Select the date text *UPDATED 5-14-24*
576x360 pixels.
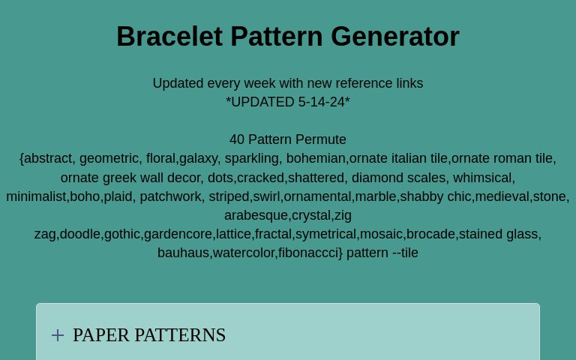click(288, 102)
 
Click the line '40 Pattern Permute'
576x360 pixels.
click(288, 139)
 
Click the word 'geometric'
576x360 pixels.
click(108, 158)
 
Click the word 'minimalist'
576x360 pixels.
click(36, 196)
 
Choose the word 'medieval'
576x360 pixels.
click(502, 196)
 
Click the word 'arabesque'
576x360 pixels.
click(256, 215)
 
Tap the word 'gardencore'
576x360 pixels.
click(178, 234)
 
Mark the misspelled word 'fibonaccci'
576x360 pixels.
click(310, 253)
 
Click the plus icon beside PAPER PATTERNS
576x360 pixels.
click(58, 335)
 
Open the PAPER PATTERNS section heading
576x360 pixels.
click(149, 335)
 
